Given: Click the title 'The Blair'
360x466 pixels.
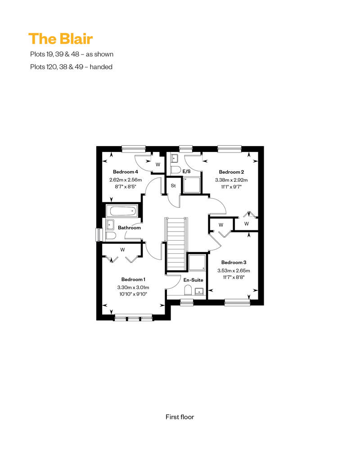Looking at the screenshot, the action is [x=61, y=39].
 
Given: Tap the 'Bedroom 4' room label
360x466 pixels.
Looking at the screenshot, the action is [x=126, y=172].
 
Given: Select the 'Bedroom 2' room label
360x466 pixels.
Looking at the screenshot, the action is [x=231, y=172].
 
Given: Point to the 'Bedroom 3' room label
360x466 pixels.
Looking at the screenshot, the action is [x=234, y=262].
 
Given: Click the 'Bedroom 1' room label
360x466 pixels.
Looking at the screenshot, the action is [x=133, y=279].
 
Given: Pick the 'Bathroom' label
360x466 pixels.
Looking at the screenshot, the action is [x=129, y=228].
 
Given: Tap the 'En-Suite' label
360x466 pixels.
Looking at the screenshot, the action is [x=193, y=280].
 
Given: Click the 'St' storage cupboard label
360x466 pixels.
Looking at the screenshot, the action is [x=173, y=186].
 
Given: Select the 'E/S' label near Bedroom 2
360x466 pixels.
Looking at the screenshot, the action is [x=186, y=171].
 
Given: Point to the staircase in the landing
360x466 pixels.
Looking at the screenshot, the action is [x=176, y=244].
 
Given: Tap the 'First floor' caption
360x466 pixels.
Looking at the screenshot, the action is [x=180, y=417].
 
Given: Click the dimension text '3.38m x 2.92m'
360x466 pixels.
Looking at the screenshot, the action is [x=231, y=180].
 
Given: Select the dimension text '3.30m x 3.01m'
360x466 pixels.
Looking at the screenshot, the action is [x=133, y=287].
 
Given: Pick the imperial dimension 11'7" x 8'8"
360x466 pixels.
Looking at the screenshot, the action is [x=234, y=278].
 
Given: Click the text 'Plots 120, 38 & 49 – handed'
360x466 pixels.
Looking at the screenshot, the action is [x=72, y=67].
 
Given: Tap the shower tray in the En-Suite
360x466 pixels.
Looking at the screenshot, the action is [x=197, y=262].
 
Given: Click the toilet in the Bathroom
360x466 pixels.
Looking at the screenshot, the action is [x=111, y=236].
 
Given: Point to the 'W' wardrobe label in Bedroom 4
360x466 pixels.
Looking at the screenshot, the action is [x=158, y=165].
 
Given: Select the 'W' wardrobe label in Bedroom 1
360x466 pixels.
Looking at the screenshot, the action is [x=122, y=250].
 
